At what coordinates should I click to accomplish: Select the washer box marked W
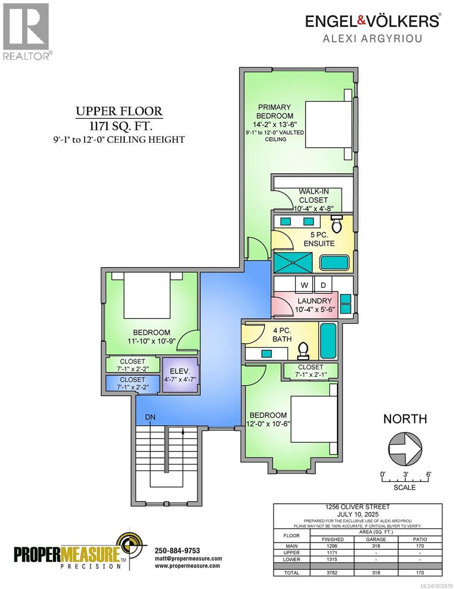[304, 285]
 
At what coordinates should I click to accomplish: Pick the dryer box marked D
[323, 285]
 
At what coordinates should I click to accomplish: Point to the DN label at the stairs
[151, 417]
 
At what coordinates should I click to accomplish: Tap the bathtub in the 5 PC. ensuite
[334, 262]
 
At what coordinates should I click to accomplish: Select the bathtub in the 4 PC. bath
[328, 341]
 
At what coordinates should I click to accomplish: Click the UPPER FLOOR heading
[118, 111]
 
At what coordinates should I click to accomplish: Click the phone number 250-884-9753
[177, 550]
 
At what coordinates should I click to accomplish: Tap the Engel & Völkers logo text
[372, 21]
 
